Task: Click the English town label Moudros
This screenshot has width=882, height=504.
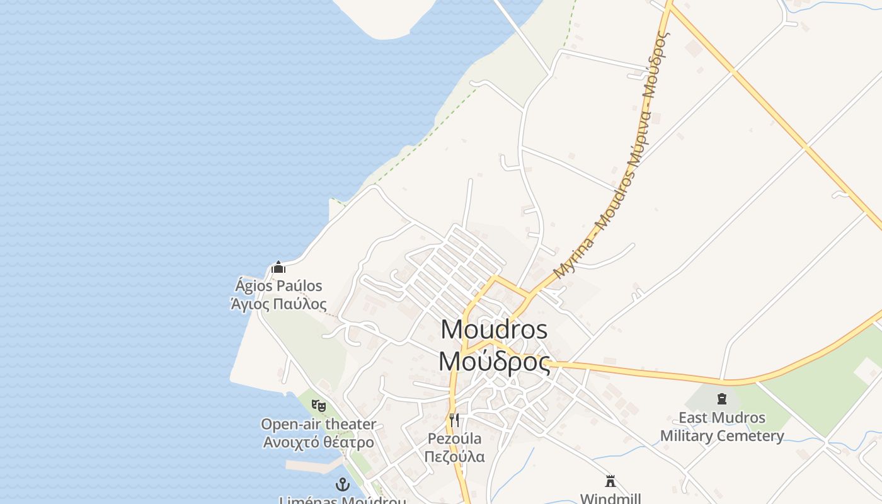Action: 494,329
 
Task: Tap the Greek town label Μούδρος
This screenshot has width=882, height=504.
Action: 494,362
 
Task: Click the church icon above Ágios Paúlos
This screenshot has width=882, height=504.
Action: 278,268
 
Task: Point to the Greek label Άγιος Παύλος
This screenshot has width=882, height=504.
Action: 278,304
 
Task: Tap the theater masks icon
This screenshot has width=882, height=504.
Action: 319,406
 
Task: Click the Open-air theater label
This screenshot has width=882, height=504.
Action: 318,424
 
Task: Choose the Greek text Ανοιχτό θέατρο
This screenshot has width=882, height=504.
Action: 318,442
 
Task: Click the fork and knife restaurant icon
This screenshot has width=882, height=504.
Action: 454,420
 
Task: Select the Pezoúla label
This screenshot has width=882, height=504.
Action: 454,438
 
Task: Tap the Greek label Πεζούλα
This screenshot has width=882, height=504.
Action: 454,456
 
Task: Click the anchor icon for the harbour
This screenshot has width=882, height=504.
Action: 342,484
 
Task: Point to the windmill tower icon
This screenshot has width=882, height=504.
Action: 610,481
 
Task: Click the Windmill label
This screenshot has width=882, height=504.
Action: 610,498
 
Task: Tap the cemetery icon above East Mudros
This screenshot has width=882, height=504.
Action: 722,399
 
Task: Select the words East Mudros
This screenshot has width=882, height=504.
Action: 722,418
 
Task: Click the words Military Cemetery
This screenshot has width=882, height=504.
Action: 722,436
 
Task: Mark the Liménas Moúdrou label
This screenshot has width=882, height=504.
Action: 342,501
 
